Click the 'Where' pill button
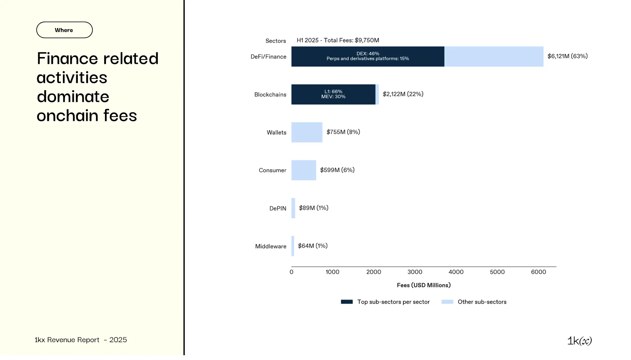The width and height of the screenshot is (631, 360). [64, 30]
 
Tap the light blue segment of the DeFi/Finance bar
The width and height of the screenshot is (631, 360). [494, 57]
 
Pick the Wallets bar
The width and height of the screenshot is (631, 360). [307, 133]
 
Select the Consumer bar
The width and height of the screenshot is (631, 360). [304, 170]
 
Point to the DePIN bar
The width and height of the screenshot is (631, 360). [293, 208]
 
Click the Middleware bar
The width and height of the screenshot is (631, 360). [293, 246]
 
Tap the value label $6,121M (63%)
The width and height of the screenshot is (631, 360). [567, 56]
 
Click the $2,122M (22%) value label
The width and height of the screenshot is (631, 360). [403, 94]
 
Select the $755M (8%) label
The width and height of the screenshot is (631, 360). [343, 132]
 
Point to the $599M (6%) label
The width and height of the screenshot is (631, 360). [337, 170]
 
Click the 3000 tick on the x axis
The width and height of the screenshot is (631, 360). [415, 272]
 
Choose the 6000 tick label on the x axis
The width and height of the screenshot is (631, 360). [538, 272]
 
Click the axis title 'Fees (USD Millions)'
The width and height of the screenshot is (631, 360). [424, 285]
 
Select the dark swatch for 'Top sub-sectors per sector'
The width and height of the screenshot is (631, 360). [347, 302]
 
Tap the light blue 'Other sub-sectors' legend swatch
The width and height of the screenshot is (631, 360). [447, 302]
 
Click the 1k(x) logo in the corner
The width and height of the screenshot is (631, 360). [579, 341]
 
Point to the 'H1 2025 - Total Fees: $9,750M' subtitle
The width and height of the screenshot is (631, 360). [338, 40]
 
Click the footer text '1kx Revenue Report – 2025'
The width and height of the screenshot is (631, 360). [81, 340]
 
